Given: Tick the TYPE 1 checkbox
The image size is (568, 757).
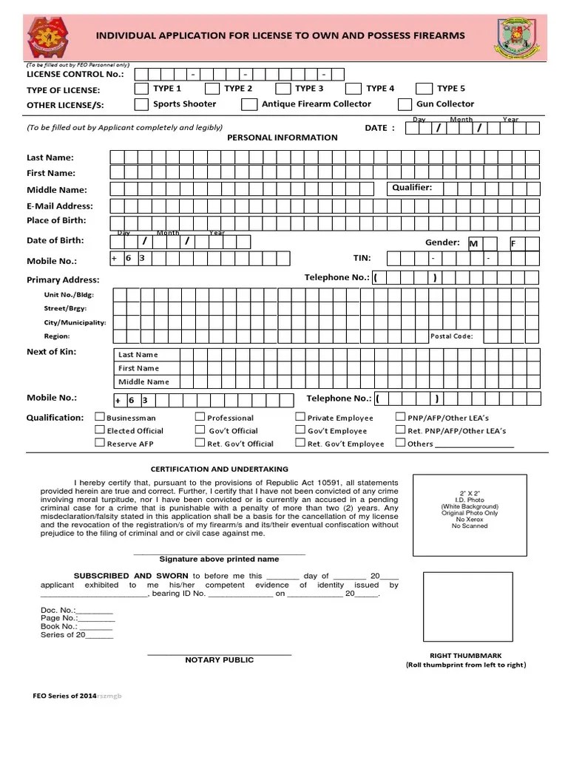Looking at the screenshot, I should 141,89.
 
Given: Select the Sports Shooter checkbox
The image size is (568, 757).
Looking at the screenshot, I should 141,105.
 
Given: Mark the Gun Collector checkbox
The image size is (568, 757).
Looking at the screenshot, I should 405,105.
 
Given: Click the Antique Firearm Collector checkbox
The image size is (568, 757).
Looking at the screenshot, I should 249,105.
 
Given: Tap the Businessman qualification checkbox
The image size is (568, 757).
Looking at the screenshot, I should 100,417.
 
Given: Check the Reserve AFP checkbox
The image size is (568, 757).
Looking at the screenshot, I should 100,443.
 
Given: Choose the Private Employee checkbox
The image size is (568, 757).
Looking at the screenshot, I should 300,417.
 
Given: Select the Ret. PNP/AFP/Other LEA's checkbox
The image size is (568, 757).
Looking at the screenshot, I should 400,430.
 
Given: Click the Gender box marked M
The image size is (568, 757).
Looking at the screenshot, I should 474,243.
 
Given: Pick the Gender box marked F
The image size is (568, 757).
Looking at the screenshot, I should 515,243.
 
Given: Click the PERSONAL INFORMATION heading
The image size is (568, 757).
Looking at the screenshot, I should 282,138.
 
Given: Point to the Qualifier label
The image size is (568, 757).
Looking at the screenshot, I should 412,188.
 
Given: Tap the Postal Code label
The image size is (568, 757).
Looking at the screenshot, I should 451,336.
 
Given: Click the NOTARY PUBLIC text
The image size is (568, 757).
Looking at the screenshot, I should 219,660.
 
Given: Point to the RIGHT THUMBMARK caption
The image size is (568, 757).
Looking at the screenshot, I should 466,656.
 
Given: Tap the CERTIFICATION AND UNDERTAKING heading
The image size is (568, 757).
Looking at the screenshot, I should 220,469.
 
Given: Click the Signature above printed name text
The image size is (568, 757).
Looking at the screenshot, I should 220,560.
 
